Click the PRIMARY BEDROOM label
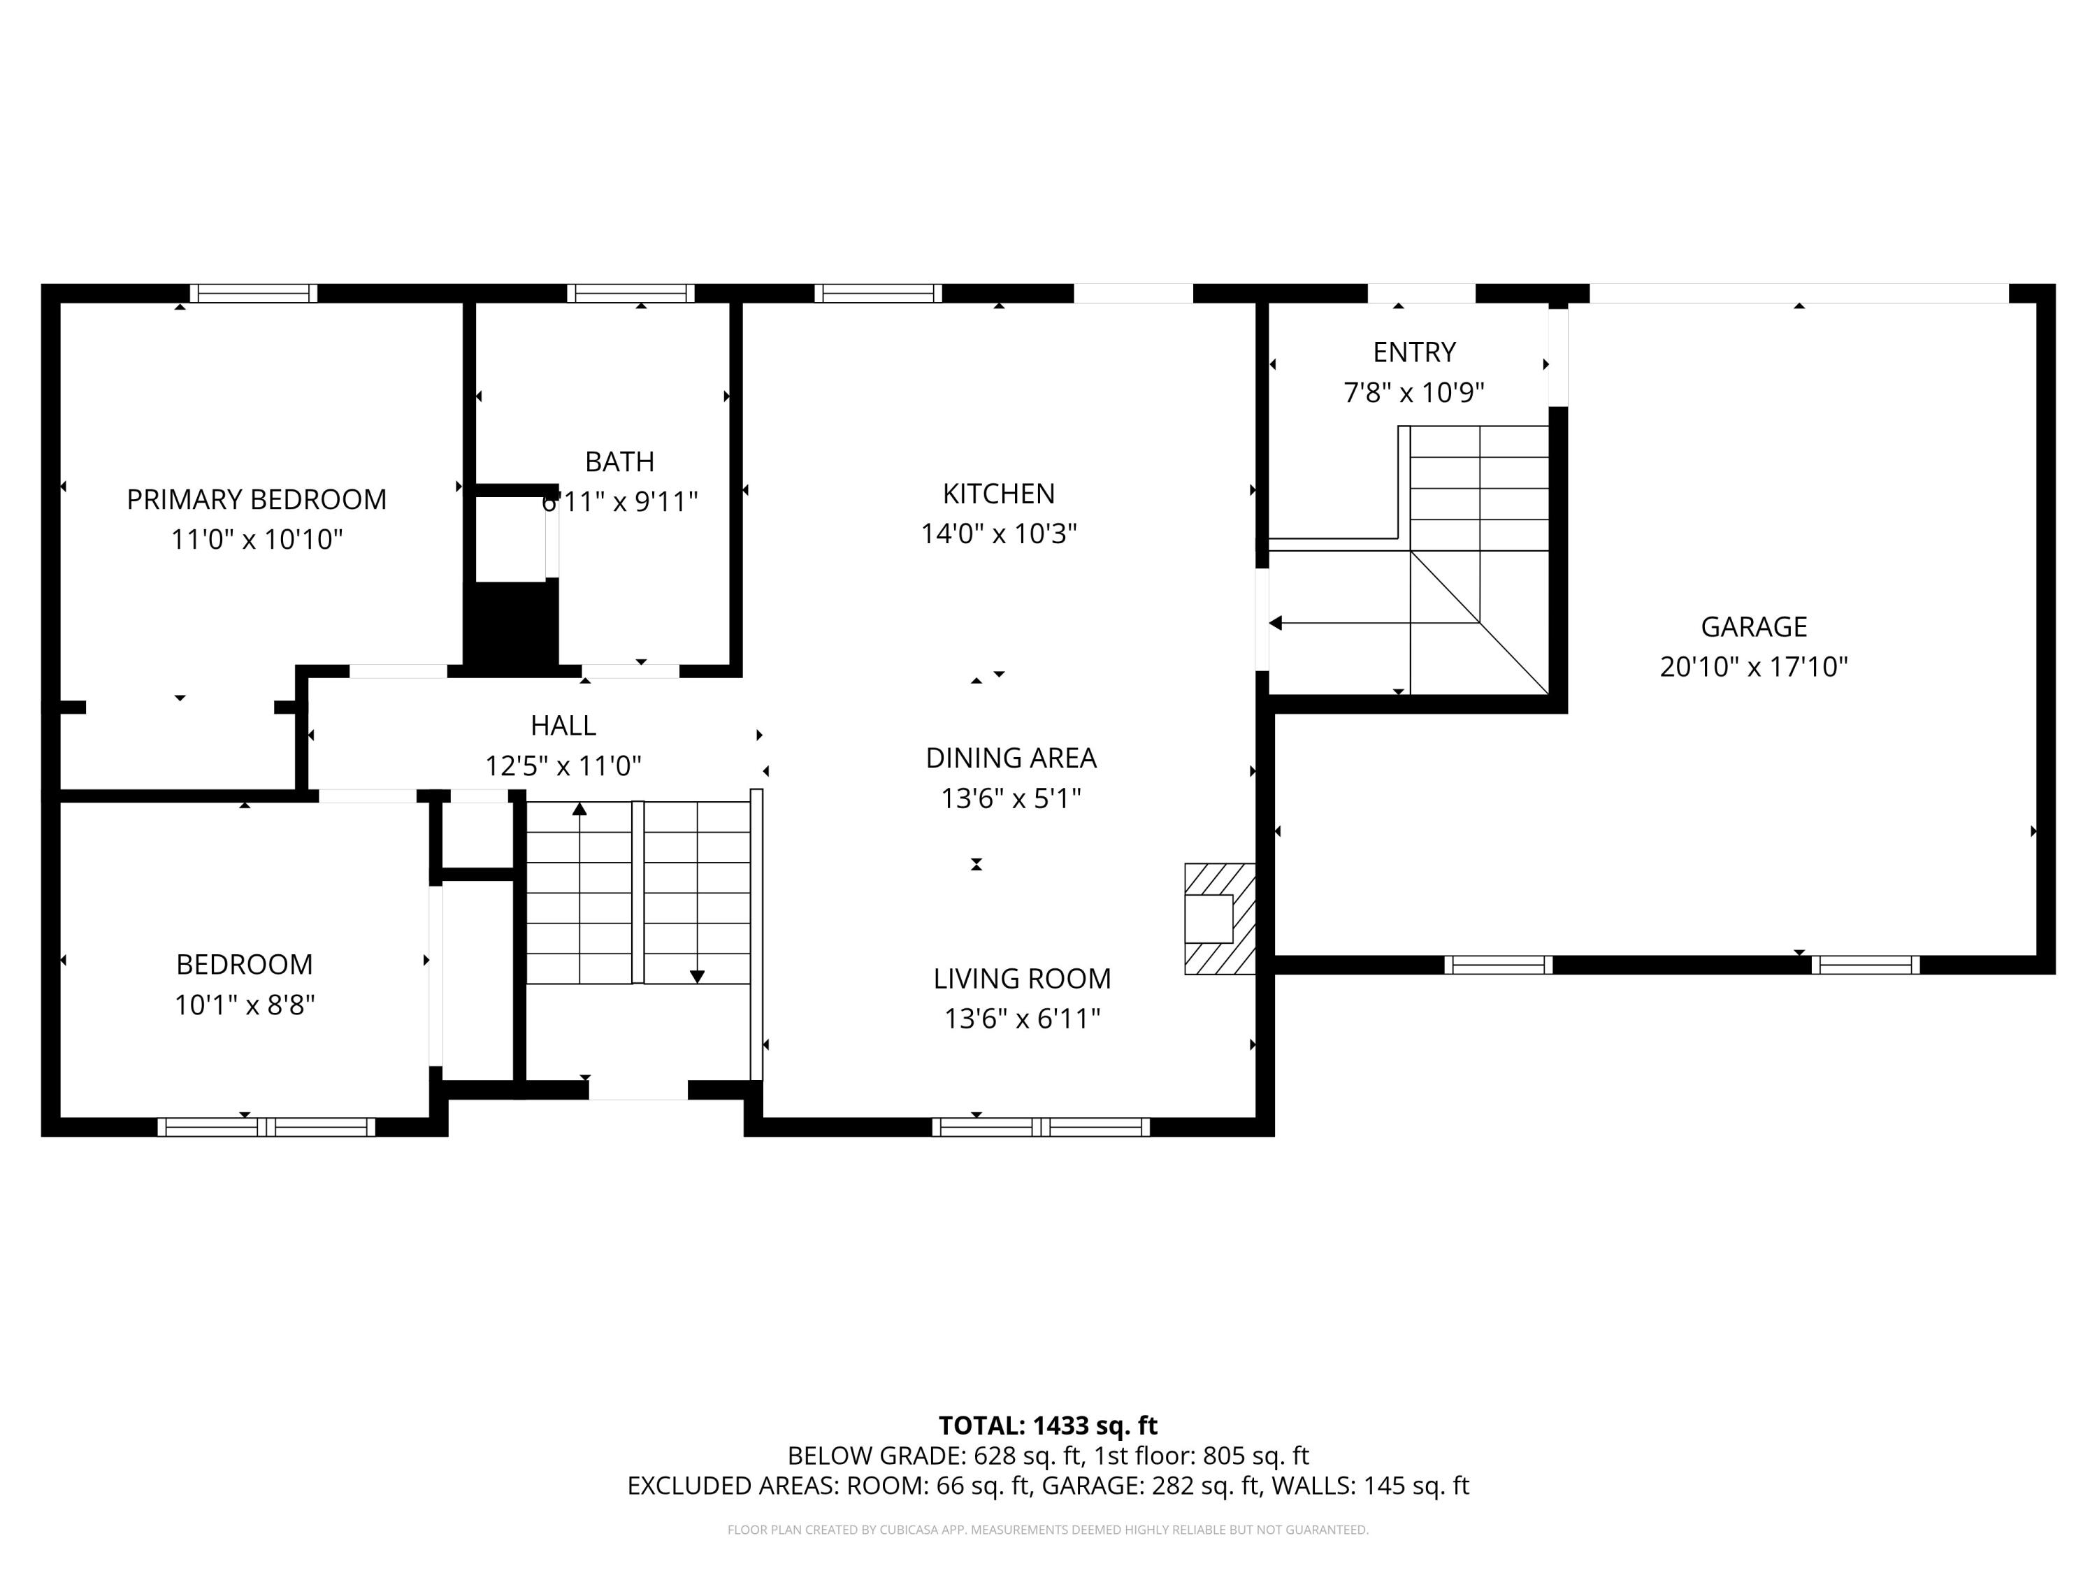point(256,500)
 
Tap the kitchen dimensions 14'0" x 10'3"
point(998,534)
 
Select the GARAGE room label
point(1753,626)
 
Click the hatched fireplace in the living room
point(1220,918)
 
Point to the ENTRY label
point(1413,353)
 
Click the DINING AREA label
point(1011,758)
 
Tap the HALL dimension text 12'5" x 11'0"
point(563,766)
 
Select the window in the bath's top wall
point(630,294)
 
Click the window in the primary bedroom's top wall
point(253,294)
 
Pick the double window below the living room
point(1040,1128)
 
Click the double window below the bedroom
point(266,1128)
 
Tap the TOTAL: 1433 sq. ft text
point(1048,1426)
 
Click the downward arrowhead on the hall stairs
point(697,977)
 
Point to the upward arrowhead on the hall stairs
point(579,809)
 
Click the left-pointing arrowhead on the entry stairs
point(1276,623)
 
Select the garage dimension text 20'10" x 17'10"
point(1753,668)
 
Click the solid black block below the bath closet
point(510,626)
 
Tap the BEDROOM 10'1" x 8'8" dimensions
point(244,1005)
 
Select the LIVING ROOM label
point(1021,979)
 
